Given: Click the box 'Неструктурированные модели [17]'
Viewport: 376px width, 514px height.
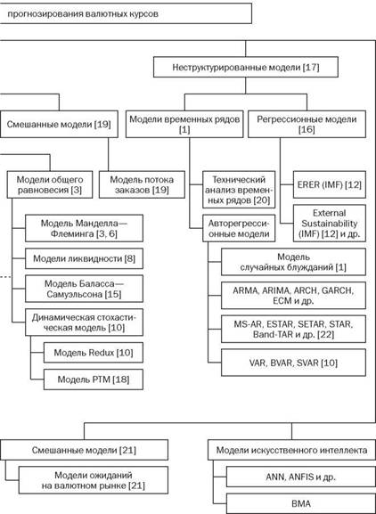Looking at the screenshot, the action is click(246, 67).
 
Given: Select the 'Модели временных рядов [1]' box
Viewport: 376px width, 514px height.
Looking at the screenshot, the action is click(184, 124).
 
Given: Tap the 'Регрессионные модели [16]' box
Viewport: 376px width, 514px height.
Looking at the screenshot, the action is click(307, 124).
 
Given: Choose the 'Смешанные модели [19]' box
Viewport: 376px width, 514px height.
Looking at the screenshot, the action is click(59, 124).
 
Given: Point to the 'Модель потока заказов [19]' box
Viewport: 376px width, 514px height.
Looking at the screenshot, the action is click(142, 184).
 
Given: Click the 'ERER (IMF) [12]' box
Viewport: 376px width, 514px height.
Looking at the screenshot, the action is click(330, 184).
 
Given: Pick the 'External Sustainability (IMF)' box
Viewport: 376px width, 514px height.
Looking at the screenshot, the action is click(330, 224).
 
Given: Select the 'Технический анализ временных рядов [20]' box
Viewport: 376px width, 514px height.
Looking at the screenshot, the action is click(239, 190).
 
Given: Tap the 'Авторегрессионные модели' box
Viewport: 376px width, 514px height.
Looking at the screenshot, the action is click(239, 228).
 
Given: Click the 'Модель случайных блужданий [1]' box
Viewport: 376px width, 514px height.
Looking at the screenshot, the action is click(293, 262).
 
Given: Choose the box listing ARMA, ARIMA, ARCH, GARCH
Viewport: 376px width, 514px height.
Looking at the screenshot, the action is click(293, 296).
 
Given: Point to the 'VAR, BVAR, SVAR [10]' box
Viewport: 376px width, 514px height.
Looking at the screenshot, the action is click(293, 363).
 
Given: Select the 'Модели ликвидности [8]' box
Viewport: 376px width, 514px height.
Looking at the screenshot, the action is click(84, 258).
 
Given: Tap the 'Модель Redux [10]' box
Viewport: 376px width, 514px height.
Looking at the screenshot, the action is click(94, 353).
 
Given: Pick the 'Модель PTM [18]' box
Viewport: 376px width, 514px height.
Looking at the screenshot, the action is click(94, 379).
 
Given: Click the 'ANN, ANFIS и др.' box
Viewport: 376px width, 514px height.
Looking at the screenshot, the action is click(300, 477).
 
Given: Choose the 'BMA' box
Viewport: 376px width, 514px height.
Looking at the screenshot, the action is click(300, 503).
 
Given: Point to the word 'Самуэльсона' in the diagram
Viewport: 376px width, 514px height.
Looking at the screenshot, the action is click(74, 294).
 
